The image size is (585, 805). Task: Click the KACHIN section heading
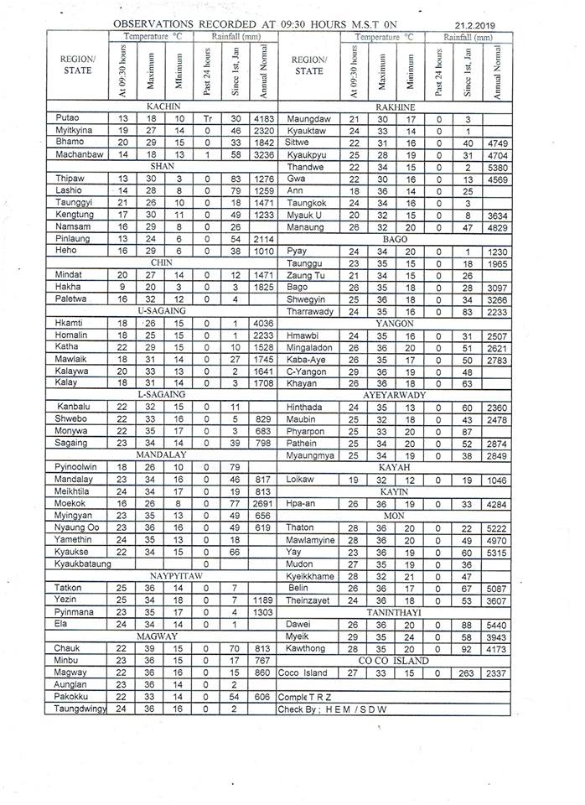coord(164,107)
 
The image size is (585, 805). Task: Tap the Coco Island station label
coord(303,673)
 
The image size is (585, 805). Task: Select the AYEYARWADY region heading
coord(395,394)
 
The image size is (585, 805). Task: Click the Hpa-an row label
coord(300,504)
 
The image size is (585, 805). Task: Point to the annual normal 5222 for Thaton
coord(497,527)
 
